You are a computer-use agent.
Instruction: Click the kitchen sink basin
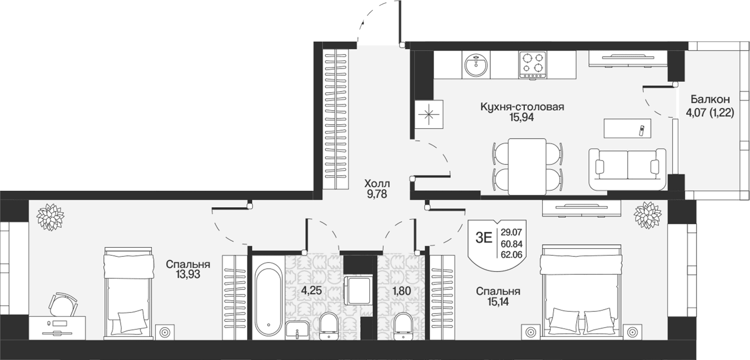pos(476,65)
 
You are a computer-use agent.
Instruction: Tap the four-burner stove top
pos(533,65)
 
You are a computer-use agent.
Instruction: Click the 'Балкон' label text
pos(705,100)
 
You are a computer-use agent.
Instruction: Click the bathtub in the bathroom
pos(268,299)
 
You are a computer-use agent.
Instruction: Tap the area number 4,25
pos(311,291)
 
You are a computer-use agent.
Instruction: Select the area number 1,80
pos(402,291)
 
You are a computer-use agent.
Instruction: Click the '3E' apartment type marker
pos(484,238)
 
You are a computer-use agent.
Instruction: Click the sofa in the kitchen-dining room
pos(627,169)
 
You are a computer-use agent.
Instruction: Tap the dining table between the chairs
pos(527,166)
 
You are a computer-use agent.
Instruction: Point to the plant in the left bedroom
pos(50,217)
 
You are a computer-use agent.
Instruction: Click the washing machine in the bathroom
pos(358,290)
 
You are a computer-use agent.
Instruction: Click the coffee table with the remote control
pos(627,128)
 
